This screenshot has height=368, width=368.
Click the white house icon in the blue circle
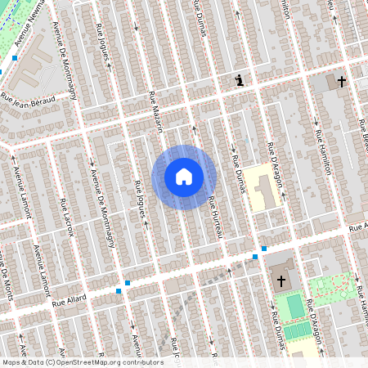184,177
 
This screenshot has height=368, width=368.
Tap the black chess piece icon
239,80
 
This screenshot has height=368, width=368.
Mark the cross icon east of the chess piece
342,82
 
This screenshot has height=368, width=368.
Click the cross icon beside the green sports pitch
281,280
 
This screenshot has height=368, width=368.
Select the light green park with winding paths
334,287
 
